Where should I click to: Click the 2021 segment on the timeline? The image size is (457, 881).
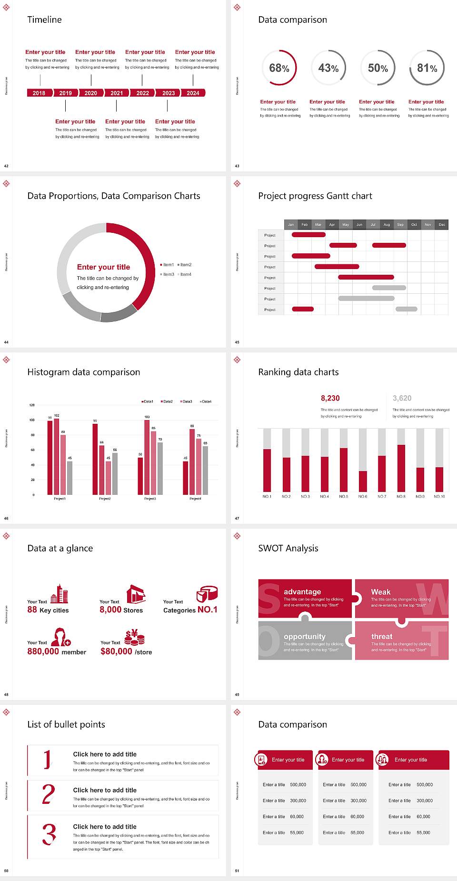pyautogui.click(x=117, y=93)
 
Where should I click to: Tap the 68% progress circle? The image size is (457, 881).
pyautogui.click(x=279, y=68)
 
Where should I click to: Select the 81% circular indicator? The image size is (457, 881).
pyautogui.click(x=427, y=68)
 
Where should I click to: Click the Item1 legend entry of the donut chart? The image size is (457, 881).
pyautogui.click(x=168, y=265)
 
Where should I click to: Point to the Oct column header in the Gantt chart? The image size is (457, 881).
pyautogui.click(x=414, y=224)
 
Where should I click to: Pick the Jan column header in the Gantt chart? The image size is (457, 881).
pyautogui.click(x=291, y=224)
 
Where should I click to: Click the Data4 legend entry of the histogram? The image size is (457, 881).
pyautogui.click(x=206, y=401)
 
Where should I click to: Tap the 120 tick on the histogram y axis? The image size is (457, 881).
pyautogui.click(x=32, y=405)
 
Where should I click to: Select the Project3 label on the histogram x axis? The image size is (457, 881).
pyautogui.click(x=150, y=499)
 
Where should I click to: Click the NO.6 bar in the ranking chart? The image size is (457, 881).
pyautogui.click(x=363, y=481)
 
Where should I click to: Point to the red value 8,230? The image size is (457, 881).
pyautogui.click(x=330, y=398)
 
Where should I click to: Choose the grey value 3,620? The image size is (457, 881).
pyautogui.click(x=402, y=398)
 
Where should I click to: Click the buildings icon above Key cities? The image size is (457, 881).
pyautogui.click(x=60, y=594)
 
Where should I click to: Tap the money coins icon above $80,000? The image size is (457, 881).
pyautogui.click(x=134, y=637)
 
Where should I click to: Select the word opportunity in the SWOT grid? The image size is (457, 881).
pyautogui.click(x=305, y=637)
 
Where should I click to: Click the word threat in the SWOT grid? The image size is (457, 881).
pyautogui.click(x=382, y=637)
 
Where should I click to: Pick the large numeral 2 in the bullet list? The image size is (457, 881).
pyautogui.click(x=48, y=794)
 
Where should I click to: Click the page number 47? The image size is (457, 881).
pyautogui.click(x=237, y=518)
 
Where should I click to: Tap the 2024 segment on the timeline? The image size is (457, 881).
pyautogui.click(x=193, y=93)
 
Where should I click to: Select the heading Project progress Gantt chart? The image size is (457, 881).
pyautogui.click(x=315, y=196)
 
